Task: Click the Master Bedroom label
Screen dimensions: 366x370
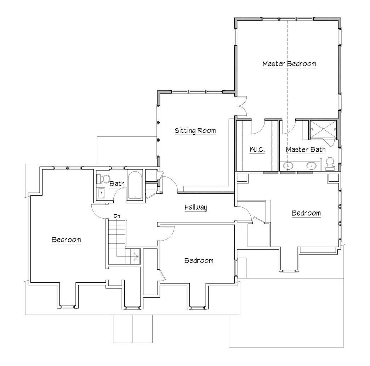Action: click(289, 64)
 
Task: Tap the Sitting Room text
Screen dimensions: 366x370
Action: click(195, 131)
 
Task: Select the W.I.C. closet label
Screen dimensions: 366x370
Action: click(257, 150)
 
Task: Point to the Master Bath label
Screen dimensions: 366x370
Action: click(306, 150)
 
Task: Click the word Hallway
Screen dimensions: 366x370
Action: click(195, 208)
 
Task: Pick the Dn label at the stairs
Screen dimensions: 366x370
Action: click(116, 216)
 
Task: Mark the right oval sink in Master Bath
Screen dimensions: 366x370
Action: click(312, 165)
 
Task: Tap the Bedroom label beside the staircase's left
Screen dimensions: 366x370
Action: click(67, 240)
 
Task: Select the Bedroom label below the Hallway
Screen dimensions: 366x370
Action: click(199, 261)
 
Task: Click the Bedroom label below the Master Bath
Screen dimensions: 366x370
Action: click(306, 213)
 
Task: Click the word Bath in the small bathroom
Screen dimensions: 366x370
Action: click(117, 184)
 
